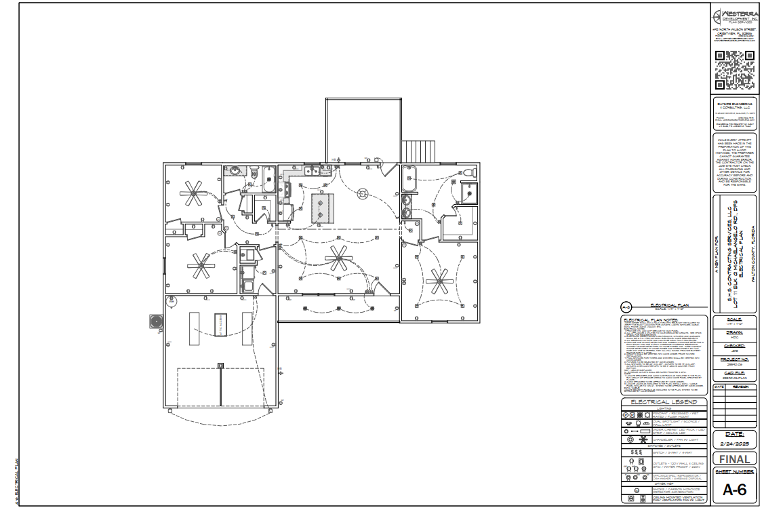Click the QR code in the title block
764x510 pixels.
(x=736, y=71)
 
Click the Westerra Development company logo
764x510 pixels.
(x=736, y=17)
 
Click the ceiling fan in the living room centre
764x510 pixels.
(x=338, y=257)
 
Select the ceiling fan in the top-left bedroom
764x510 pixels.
(x=193, y=194)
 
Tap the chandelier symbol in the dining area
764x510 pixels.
(x=363, y=194)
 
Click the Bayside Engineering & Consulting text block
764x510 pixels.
(x=736, y=115)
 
